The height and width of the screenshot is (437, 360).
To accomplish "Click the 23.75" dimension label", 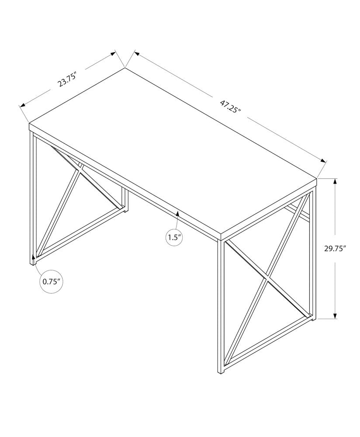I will pos(67,81).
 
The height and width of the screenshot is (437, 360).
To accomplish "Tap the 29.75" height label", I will pos(335,249).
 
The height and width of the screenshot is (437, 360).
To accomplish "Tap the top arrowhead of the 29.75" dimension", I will pos(335,181).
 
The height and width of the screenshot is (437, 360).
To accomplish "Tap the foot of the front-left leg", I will pos(32,263).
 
